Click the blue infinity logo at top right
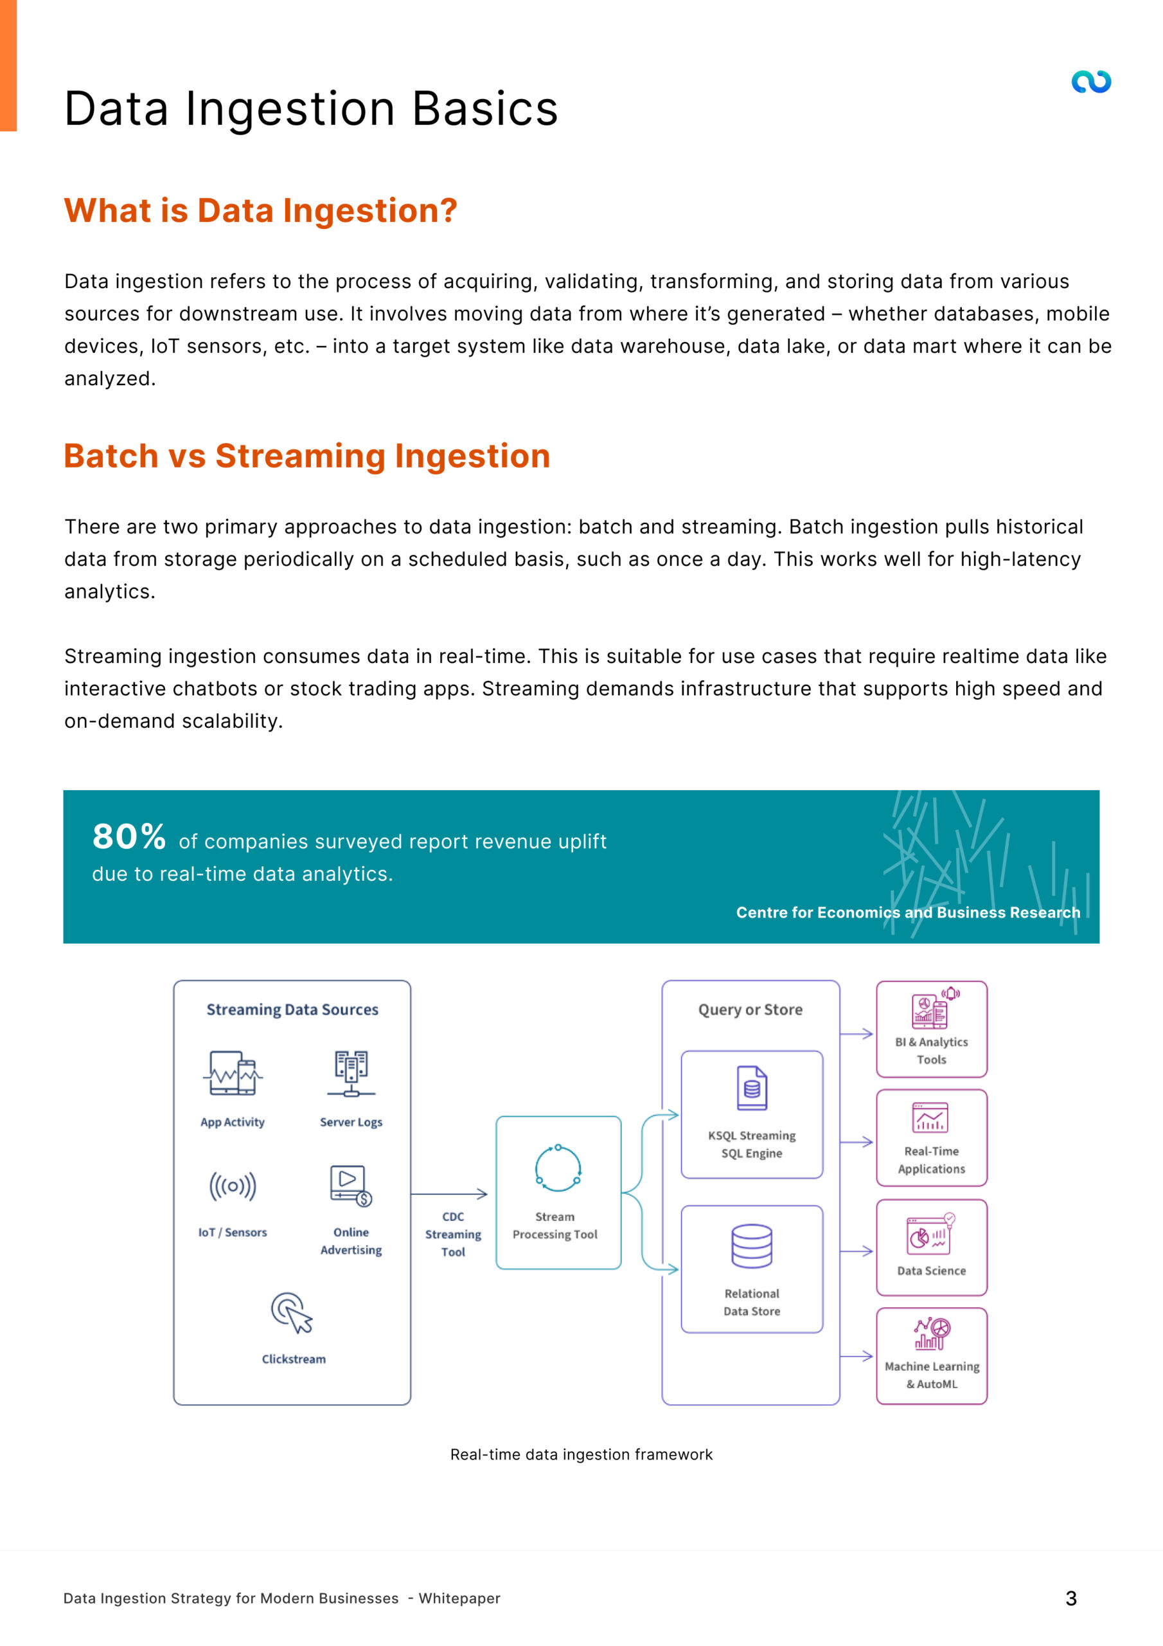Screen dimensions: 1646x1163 1090,82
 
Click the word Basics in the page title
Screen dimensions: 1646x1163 484,109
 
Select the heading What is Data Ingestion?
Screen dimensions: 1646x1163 261,211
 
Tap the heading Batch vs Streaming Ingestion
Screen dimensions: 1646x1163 306,456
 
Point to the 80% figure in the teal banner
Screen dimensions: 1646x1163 129,837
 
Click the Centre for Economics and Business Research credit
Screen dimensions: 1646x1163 908,912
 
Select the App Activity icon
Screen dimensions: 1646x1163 232,1073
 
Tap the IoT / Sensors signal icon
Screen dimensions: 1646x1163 232,1186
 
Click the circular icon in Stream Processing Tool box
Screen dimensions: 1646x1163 558,1168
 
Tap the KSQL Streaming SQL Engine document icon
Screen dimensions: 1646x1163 752,1089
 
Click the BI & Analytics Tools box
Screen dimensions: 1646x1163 931,1029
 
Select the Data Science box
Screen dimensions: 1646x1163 931,1247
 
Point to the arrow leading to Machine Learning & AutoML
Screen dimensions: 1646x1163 857,1357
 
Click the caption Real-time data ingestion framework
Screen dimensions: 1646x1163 581,1454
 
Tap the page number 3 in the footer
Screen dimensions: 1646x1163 1070,1598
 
